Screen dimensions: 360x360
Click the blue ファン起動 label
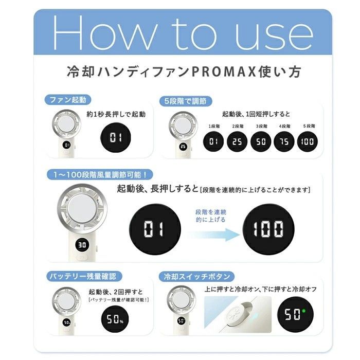[x=68, y=99]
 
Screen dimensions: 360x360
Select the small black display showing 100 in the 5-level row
[x=309, y=141]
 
